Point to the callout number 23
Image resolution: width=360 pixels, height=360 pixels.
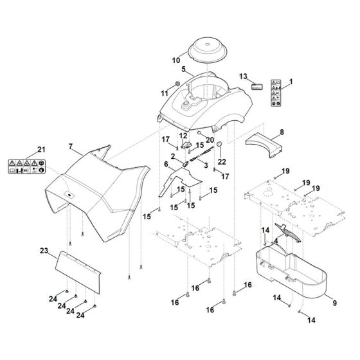44,250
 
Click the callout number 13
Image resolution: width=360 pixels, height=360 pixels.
243,76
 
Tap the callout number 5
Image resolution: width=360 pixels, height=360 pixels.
184,69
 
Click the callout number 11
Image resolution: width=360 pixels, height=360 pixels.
147,93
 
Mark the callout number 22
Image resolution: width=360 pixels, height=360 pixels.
223,161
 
